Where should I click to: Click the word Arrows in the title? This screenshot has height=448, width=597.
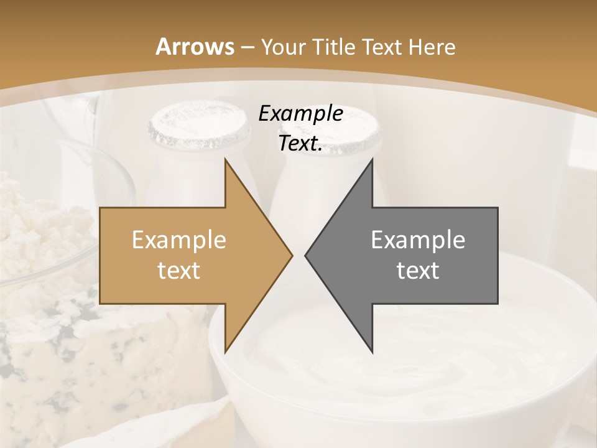195,47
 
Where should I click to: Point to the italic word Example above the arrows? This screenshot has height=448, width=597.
300,113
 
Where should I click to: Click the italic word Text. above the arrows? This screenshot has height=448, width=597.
300,144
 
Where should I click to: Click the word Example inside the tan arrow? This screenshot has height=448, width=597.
179,240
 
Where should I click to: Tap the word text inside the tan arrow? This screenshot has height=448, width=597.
179,270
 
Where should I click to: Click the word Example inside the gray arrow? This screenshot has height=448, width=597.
418,240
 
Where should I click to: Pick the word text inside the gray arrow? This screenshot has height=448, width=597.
418,270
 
